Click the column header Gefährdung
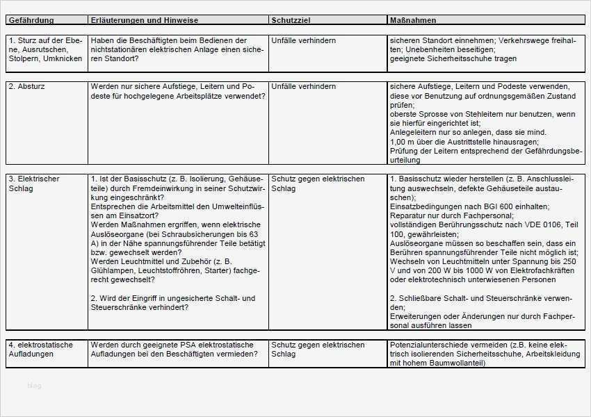click(31, 20)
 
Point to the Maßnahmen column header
click(414, 20)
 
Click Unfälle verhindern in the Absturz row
click(304, 87)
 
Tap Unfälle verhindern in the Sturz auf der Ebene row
click(304, 41)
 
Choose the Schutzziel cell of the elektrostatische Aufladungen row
click(318, 350)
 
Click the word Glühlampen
click(113, 270)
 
